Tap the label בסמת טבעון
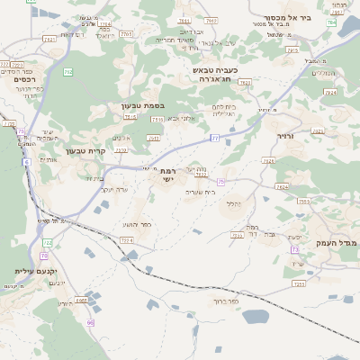click(142, 105)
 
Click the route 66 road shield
click(90, 322)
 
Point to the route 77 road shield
click(214, 138)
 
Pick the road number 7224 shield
click(126, 241)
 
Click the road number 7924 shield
click(329, 92)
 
